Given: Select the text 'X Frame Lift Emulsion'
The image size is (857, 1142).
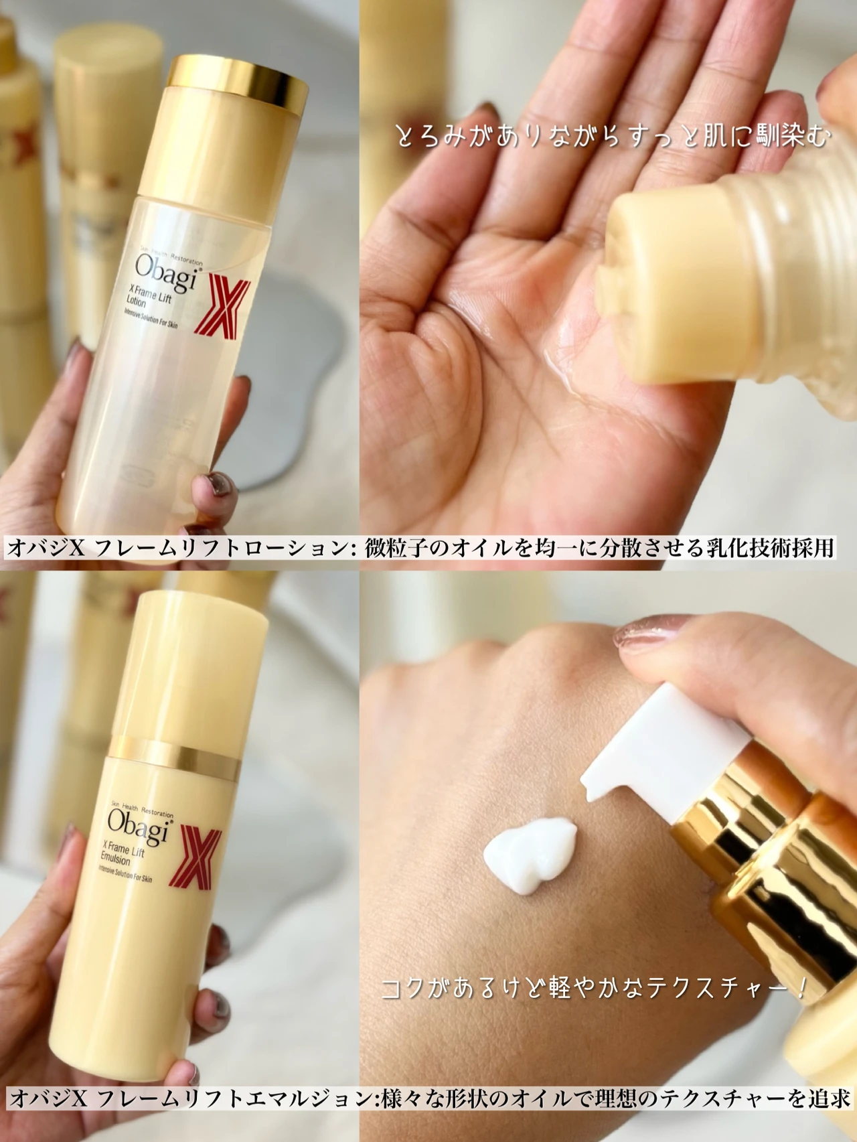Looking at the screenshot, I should pos(122,855).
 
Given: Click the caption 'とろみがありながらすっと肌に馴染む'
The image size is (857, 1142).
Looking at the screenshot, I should pos(613,137).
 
